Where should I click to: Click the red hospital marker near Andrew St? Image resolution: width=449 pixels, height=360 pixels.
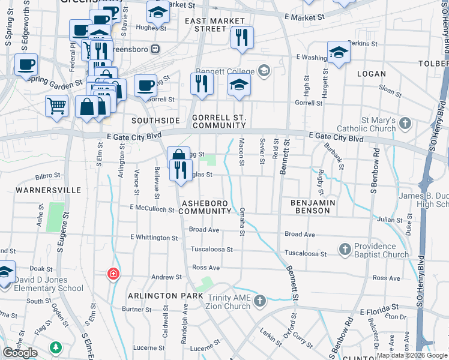click(x=112, y=275)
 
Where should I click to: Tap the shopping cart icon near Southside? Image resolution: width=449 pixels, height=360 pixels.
click(x=56, y=106)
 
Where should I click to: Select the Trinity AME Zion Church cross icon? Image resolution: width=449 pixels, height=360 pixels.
click(x=259, y=300)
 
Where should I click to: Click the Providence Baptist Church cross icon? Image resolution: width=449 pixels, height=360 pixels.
click(x=345, y=248)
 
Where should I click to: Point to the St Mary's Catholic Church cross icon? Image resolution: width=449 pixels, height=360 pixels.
click(x=405, y=124)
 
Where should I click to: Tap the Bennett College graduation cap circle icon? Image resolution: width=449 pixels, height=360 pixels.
click(x=262, y=71)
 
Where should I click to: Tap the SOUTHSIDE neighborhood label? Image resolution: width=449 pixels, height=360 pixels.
click(x=155, y=121)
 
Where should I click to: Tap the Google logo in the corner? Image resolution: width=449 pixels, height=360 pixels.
click(x=20, y=353)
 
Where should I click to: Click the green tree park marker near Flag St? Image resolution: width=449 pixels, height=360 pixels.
click(x=56, y=347)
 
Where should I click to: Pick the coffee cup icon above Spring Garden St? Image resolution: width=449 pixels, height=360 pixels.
click(x=26, y=64)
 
